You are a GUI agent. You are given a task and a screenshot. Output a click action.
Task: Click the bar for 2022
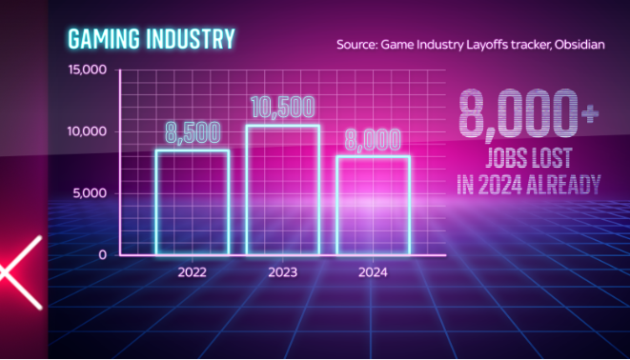pyautogui.click(x=193, y=202)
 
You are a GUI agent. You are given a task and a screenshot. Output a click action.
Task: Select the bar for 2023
pyautogui.click(x=283, y=190)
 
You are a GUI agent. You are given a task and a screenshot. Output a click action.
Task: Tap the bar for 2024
pyautogui.click(x=374, y=206)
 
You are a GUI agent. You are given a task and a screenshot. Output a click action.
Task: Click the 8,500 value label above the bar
pyautogui.click(x=193, y=132)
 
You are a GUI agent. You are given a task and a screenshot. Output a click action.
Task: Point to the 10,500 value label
pyautogui.click(x=283, y=108)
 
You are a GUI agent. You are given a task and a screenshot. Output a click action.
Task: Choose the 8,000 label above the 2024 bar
pyautogui.click(x=373, y=140)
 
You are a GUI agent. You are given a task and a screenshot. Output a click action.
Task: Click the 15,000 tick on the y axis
pyautogui.click(x=87, y=70)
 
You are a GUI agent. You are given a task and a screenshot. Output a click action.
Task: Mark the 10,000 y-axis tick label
pyautogui.click(x=87, y=131)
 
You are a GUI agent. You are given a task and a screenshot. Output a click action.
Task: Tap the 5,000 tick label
pyautogui.click(x=90, y=193)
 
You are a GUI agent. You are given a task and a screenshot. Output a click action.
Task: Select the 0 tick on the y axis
pyautogui.click(x=102, y=255)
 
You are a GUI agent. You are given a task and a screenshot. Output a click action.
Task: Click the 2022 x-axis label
pyautogui.click(x=193, y=272)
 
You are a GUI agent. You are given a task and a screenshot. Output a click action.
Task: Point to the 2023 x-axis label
pyautogui.click(x=283, y=272)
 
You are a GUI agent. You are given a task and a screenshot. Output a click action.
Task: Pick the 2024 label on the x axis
pyautogui.click(x=373, y=272)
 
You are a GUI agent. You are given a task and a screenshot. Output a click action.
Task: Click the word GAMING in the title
pyautogui.click(x=104, y=39)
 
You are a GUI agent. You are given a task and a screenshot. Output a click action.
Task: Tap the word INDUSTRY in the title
pyautogui.click(x=191, y=39)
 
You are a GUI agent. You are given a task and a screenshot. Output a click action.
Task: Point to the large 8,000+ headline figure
pyautogui.click(x=528, y=113)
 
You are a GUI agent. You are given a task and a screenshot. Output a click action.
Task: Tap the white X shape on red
pyautogui.click(x=21, y=272)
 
